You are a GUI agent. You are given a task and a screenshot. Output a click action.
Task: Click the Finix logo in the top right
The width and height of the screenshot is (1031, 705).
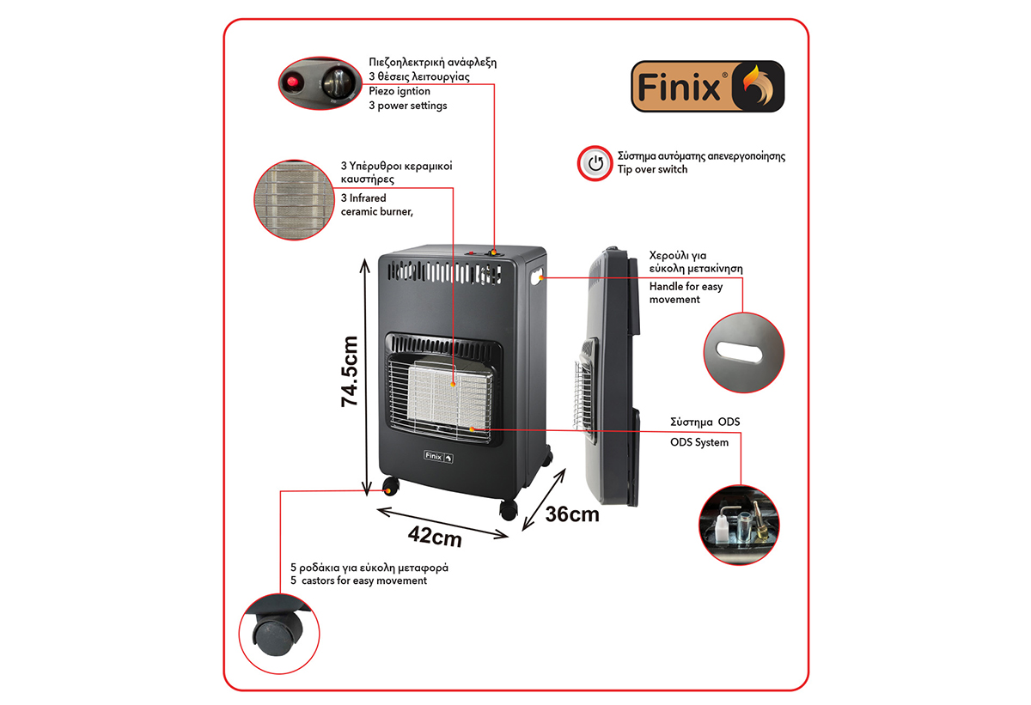[x=707, y=86]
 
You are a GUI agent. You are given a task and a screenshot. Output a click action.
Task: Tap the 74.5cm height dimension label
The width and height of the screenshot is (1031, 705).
[x=351, y=370]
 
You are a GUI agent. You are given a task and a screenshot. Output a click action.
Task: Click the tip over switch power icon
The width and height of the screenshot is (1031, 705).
[x=594, y=163]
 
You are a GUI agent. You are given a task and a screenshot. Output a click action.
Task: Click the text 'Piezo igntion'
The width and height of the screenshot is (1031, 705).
[x=400, y=91]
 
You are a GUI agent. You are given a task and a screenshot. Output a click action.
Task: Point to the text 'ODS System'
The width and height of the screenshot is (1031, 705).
[x=699, y=442]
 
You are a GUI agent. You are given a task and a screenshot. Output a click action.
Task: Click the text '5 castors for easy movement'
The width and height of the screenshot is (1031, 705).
[x=358, y=580]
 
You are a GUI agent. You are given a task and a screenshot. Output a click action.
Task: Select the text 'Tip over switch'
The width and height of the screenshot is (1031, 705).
[x=652, y=170]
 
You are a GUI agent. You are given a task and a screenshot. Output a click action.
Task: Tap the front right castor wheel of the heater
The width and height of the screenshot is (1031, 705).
[x=509, y=509]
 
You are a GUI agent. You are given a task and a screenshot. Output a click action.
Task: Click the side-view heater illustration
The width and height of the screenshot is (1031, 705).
[x=612, y=378]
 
